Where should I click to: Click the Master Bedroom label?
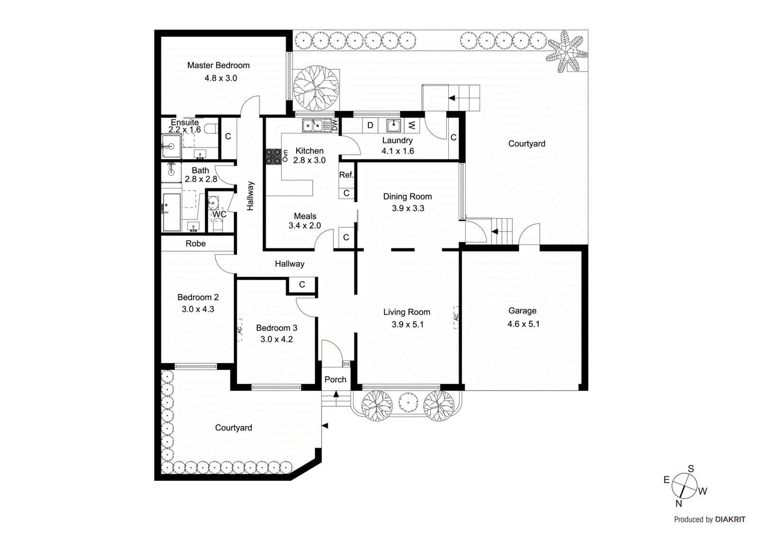[218, 66]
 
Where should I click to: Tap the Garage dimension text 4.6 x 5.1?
[523, 324]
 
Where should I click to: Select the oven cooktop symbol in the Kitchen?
[273, 157]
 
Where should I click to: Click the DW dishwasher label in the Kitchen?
[334, 125]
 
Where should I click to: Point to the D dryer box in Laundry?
[370, 125]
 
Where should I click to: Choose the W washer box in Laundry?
[411, 125]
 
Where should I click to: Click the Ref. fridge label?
[346, 175]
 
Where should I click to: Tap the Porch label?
[335, 379]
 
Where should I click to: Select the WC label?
[219, 215]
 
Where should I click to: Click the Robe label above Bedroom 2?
[195, 244]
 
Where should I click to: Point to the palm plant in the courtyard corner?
[566, 52]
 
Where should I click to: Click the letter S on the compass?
[691, 469]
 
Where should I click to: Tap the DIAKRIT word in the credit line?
[730, 519]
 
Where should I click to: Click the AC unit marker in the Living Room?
[456, 317]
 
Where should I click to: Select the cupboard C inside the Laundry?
[454, 137]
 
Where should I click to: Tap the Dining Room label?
[407, 197]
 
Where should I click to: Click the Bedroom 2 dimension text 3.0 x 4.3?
[198, 309]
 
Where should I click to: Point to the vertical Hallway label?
[250, 196]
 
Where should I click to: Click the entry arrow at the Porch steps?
[336, 394]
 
